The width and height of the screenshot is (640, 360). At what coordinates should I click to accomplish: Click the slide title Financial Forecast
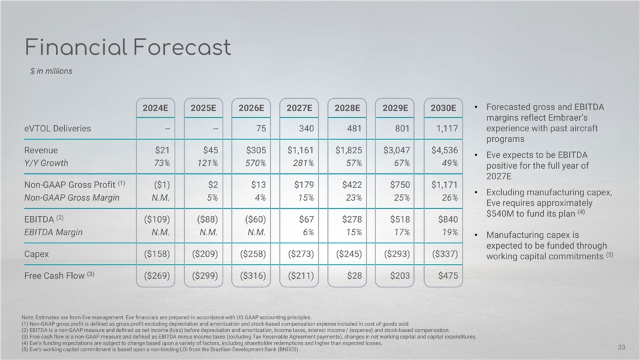tap(127, 47)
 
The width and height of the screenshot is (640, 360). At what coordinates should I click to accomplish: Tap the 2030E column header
tap(443, 107)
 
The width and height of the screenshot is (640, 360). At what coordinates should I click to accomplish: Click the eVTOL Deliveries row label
tap(57, 128)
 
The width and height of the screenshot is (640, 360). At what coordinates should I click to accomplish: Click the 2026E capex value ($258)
tap(252, 253)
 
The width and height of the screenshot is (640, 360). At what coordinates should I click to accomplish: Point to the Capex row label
tap(37, 253)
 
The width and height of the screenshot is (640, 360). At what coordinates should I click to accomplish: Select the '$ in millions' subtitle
tap(56, 71)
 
